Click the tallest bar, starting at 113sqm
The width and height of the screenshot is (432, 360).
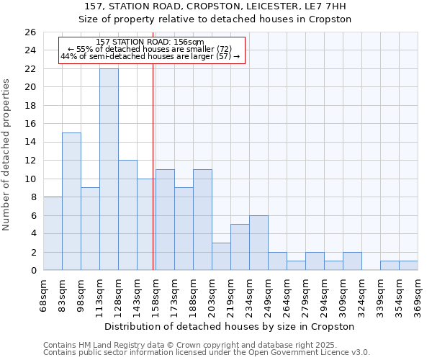point(109,169)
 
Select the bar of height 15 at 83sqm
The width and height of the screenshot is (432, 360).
point(71,202)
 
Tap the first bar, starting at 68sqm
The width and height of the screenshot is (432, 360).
point(53,233)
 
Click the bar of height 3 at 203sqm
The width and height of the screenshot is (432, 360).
point(221,256)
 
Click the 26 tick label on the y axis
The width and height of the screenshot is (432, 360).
point(30,32)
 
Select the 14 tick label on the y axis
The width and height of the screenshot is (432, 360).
point(30,142)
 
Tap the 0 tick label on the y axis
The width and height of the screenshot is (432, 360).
point(33,270)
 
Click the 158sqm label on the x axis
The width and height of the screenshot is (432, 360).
point(156,294)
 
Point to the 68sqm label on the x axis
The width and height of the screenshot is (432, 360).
point(44,294)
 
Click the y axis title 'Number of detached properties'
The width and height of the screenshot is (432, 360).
point(7,155)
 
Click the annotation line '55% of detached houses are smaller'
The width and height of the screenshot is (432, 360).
point(150,49)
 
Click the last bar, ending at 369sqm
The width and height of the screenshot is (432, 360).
point(408,265)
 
